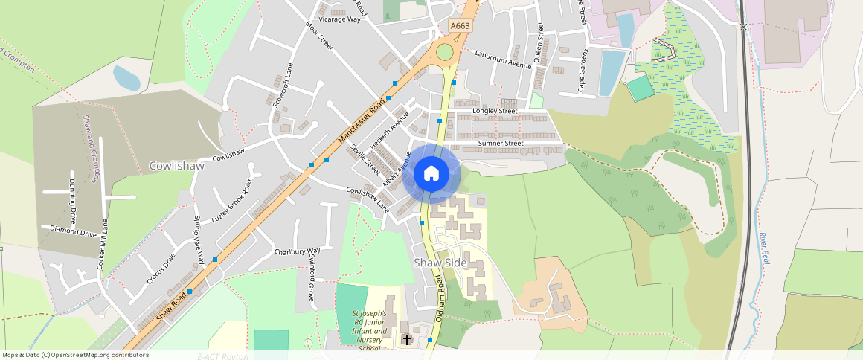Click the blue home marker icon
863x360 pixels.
click(431, 174)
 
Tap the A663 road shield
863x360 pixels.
click(461, 26)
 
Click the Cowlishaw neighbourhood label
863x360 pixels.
click(176, 166)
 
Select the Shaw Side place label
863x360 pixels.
click(440, 263)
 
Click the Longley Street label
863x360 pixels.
click(495, 112)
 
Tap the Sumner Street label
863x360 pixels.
click(501, 143)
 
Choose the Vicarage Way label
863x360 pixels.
click(339, 19)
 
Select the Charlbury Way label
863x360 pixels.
click(297, 251)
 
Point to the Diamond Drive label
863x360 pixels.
click(74, 232)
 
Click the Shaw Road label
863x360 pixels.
click(171, 306)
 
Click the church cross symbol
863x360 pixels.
click(406, 339)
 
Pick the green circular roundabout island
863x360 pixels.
click(445, 52)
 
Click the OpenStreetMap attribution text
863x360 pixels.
click(75, 355)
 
